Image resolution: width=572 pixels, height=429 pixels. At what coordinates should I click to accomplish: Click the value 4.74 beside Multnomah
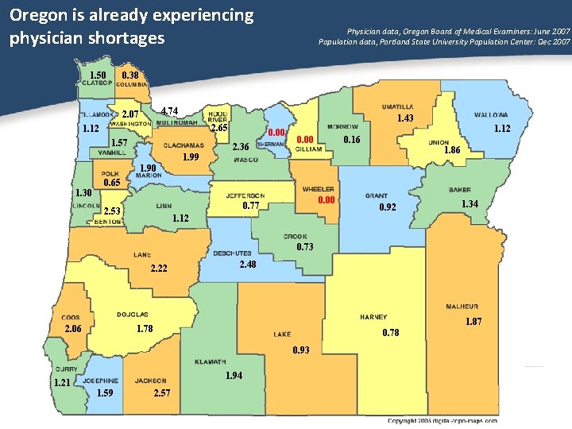[169, 110]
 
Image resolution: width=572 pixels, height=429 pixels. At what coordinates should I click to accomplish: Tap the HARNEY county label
[373, 317]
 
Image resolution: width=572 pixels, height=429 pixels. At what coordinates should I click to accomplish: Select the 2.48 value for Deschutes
[247, 265]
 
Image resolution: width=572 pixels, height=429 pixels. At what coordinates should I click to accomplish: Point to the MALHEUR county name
[462, 307]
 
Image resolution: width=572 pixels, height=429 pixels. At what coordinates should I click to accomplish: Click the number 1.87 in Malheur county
[473, 321]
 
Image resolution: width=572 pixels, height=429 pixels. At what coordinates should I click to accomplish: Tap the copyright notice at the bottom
[443, 420]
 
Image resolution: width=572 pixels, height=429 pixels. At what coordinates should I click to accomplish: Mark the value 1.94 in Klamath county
[234, 375]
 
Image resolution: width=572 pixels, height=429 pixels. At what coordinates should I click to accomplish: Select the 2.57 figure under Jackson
[161, 393]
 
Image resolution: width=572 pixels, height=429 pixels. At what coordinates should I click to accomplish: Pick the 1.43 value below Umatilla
[404, 118]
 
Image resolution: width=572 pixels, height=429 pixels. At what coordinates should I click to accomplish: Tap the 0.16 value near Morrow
[351, 140]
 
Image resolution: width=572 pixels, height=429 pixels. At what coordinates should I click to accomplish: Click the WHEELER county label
[318, 189]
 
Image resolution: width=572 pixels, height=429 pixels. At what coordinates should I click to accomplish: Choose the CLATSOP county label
[96, 83]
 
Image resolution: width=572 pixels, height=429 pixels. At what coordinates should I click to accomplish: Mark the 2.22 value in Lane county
[159, 269]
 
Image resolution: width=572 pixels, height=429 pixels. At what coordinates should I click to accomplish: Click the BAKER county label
[459, 190]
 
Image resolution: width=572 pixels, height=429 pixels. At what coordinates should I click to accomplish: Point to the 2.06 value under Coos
[74, 329]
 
